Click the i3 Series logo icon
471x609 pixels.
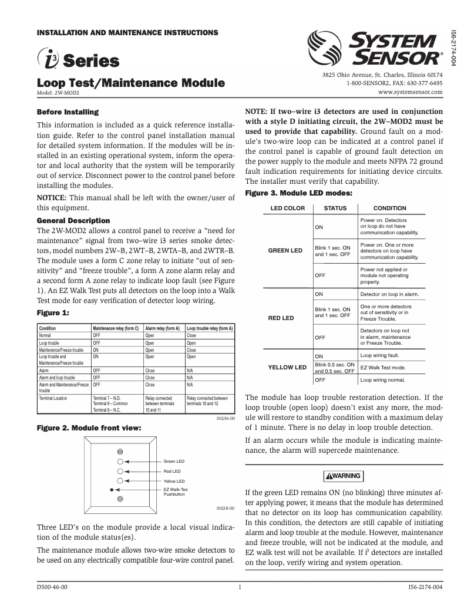(x=49, y=59)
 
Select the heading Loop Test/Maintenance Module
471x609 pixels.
(x=130, y=83)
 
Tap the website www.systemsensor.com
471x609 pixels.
(x=410, y=92)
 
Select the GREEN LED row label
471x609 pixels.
(x=285, y=250)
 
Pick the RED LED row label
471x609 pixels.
(x=281, y=318)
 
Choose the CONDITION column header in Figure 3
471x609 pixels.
(x=390, y=208)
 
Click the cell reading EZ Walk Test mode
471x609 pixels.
(x=382, y=367)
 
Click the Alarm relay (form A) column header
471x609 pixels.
(x=163, y=328)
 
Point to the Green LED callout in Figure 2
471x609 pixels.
(x=174, y=461)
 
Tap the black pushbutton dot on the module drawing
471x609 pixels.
(x=110, y=489)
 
